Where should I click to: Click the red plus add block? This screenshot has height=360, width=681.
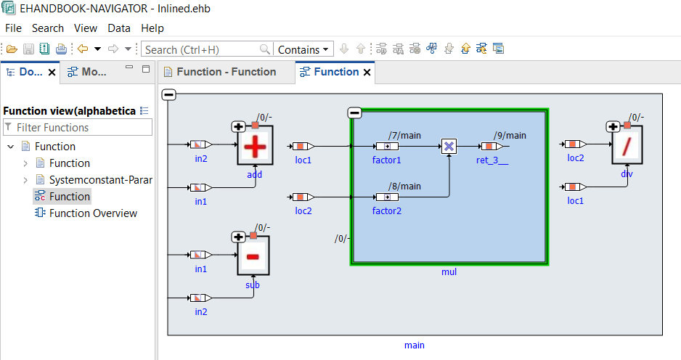255,147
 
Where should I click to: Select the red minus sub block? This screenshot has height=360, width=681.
253,257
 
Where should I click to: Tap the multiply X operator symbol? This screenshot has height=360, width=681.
449,147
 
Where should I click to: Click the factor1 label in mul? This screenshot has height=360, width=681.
387,160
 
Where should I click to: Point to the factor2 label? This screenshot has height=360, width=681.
387,210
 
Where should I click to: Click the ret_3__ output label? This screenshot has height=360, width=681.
492,160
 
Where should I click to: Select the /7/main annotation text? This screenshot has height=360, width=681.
404,135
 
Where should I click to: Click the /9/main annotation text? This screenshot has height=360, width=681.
510,135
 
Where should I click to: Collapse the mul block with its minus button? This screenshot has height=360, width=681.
354,112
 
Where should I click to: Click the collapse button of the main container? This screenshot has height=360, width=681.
168,94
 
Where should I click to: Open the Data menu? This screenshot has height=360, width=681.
119,28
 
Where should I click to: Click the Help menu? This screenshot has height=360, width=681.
152,28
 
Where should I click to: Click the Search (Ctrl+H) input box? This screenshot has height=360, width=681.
202,49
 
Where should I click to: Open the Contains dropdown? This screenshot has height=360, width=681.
303,49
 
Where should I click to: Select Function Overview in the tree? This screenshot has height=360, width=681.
93,213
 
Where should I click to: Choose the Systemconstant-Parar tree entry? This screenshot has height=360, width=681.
100,180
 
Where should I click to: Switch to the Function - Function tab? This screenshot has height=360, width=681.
226,72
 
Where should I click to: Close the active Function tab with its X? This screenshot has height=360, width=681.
367,73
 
